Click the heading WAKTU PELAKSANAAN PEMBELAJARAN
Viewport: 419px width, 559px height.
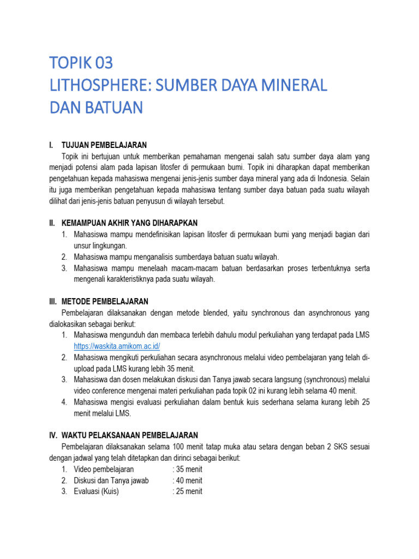pos(130,435)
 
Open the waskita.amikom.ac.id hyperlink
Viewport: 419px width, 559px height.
pos(117,346)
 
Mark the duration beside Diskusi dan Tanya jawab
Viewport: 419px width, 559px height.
pos(187,480)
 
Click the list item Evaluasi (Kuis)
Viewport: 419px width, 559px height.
pos(96,491)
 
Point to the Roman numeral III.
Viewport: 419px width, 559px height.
pos(53,301)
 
